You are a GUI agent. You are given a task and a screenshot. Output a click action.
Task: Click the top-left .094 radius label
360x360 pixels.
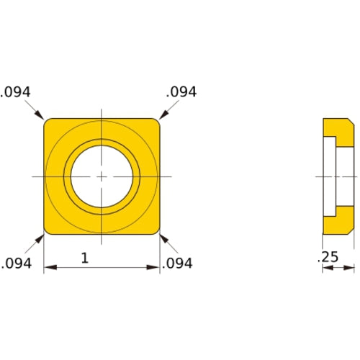click(x=16, y=91)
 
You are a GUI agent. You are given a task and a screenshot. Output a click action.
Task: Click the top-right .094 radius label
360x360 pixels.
click(x=181, y=91)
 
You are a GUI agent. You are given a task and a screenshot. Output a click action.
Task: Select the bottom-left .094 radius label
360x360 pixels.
click(x=16, y=264)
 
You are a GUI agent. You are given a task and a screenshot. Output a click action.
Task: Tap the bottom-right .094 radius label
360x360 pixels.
click(x=177, y=264)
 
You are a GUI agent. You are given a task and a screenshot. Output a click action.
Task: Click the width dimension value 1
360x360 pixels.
click(x=85, y=258)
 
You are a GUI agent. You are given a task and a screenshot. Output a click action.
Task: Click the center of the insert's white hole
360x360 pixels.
click(x=102, y=176)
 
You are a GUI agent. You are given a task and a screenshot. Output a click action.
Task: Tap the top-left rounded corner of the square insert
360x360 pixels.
click(x=48, y=122)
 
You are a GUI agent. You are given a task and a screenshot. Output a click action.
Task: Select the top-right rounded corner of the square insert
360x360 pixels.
click(x=156, y=122)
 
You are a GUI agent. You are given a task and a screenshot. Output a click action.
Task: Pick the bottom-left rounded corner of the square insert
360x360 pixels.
click(x=48, y=230)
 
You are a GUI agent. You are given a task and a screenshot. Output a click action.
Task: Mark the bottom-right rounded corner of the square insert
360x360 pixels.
click(x=156, y=230)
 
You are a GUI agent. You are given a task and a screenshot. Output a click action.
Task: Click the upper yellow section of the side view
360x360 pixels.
click(x=338, y=129)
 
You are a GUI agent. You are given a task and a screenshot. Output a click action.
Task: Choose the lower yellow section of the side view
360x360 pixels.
click(x=338, y=224)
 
